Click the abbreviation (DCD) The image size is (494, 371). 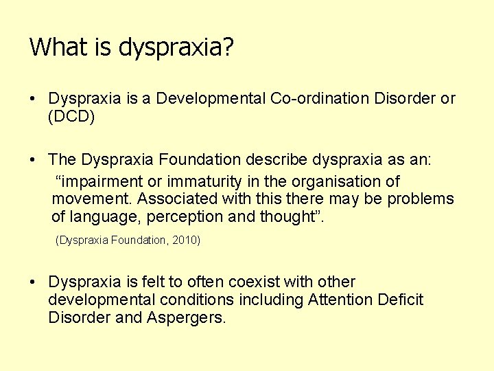pos(71,117)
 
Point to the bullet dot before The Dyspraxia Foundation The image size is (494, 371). pos(33,160)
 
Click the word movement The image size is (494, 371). pos(91,199)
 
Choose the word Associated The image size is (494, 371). pos(178,199)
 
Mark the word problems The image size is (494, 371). pos(421,199)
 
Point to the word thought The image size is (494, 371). pos(291,217)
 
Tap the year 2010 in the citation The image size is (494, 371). pos(185,240)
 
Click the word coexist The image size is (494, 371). pos(256,282)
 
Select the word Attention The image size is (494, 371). pos(341,300)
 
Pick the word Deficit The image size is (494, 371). pos(401,300)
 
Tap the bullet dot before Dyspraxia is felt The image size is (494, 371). pos(33,282)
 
